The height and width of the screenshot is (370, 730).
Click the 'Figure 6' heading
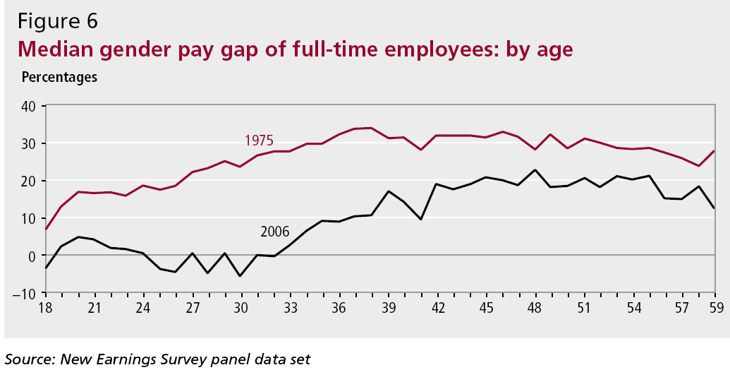point(58,21)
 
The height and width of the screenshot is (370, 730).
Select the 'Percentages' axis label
point(59,77)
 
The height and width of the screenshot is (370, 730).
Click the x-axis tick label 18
point(47,308)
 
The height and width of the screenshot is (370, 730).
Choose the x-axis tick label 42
point(437,308)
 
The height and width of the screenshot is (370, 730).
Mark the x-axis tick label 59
point(714,308)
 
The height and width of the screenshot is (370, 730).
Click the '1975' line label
point(259,139)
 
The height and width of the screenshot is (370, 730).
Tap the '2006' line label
point(275,231)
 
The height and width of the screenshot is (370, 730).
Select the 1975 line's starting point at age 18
point(47,229)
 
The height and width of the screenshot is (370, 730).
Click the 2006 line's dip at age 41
point(421,219)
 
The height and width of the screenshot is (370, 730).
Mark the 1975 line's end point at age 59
point(714,151)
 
